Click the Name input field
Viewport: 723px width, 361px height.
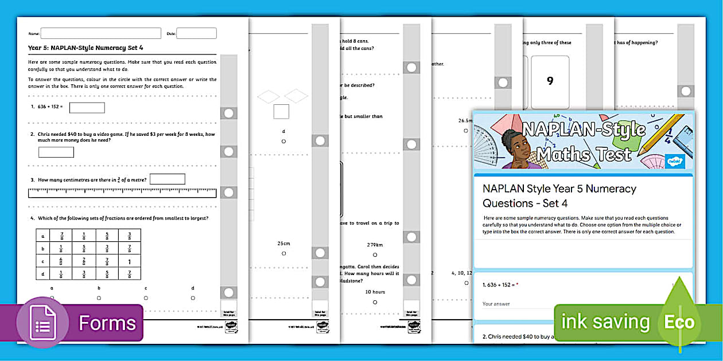point(100,33)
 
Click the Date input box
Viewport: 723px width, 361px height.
point(196,33)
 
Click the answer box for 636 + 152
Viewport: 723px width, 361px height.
point(87,108)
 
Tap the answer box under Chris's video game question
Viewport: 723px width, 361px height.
point(56,152)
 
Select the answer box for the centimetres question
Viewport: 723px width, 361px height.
point(167,179)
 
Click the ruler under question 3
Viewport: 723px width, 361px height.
point(122,193)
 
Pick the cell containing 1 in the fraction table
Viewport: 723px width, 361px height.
point(129,262)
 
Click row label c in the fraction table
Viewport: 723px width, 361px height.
point(43,262)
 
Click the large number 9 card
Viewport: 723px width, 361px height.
point(550,81)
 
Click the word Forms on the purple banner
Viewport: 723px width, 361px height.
point(107,323)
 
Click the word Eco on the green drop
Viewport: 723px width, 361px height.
point(679,322)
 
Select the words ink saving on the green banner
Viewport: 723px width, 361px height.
point(605,322)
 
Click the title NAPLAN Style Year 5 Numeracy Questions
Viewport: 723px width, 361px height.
point(559,195)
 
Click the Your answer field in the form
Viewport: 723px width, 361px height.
point(516,304)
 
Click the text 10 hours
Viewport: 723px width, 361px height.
point(375,292)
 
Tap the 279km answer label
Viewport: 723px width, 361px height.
point(375,245)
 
